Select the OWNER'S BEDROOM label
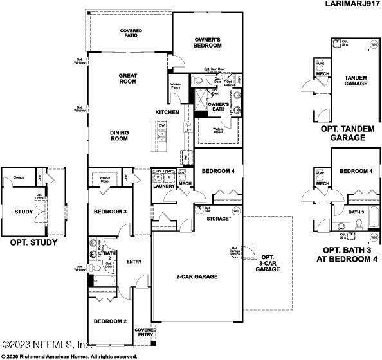coord(208,43)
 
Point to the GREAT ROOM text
coord(128,78)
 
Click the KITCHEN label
coord(167,113)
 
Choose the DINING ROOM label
coord(119,136)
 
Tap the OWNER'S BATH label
coord(219,107)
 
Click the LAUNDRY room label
coord(163,186)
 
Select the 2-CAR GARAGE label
coord(197,276)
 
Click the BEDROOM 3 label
coord(110,212)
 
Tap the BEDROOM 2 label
coord(110,321)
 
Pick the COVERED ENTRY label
coord(144,332)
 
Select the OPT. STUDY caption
coord(33,243)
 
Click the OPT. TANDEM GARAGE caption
coord(347,133)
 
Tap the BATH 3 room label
coord(356,212)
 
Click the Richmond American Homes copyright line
coord(69,355)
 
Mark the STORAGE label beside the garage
coord(217,219)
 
